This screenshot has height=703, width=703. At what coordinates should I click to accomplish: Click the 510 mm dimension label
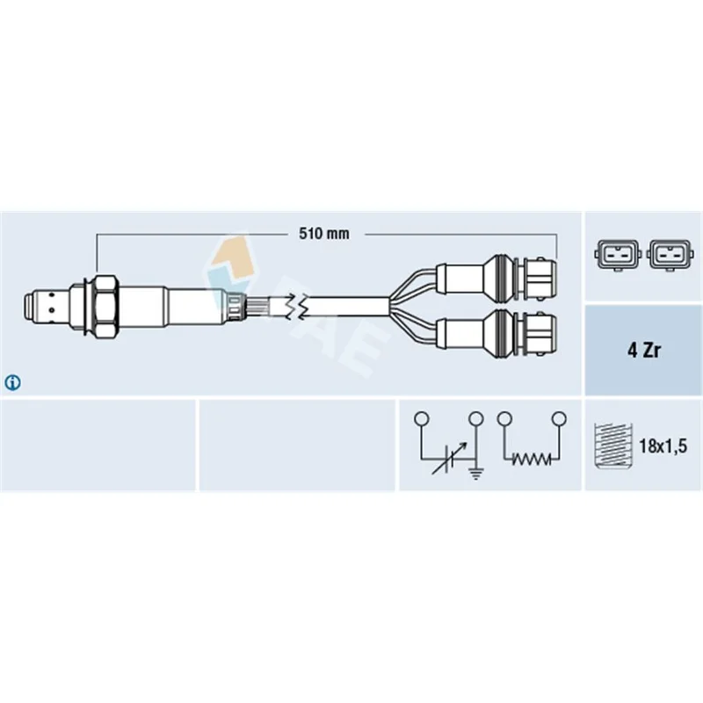[x=323, y=234]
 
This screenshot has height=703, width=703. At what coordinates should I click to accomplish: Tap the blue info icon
[x=12, y=382]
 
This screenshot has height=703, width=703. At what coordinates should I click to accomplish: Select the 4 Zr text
[x=644, y=351]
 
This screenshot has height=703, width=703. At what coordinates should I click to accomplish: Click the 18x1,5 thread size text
[x=663, y=446]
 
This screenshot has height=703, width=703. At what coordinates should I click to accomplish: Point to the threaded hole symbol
[x=612, y=446]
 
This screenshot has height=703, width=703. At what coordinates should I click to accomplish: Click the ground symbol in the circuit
[x=476, y=473]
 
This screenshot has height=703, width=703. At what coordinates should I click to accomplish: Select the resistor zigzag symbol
[x=532, y=459]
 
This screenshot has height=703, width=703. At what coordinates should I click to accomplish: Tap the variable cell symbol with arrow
[x=449, y=458]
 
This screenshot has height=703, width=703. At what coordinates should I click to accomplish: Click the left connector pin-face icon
[x=618, y=256]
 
